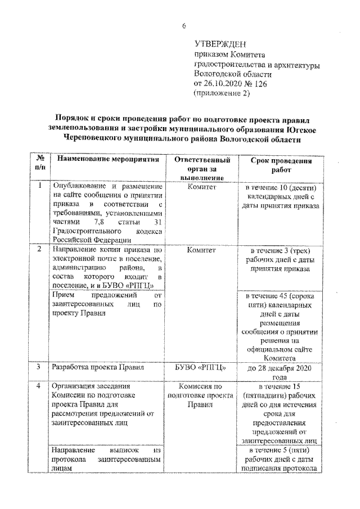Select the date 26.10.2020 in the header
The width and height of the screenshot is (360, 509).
click(224, 83)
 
